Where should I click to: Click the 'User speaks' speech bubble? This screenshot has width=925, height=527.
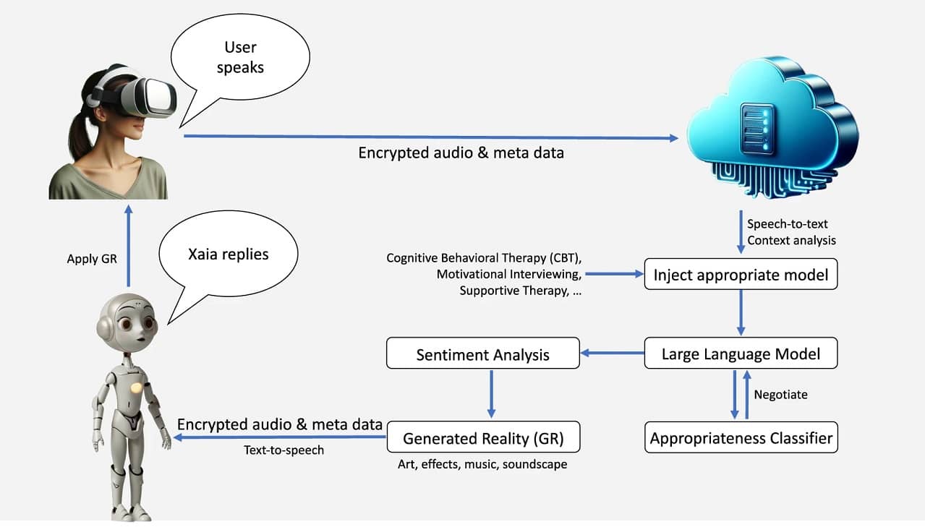(x=240, y=57)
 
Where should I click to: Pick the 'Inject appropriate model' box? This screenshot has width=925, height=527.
(x=741, y=274)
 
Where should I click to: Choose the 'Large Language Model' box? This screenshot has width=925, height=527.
(x=741, y=354)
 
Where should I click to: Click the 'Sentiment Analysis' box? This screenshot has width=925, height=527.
(x=482, y=354)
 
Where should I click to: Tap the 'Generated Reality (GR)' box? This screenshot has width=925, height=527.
(x=482, y=437)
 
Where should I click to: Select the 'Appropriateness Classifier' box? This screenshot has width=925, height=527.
(x=741, y=437)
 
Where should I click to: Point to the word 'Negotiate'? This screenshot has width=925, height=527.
(x=780, y=395)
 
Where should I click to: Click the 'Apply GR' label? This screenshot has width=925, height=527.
(x=92, y=259)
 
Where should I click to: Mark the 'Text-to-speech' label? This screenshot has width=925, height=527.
(x=284, y=450)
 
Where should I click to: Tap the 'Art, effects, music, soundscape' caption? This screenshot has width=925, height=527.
(x=482, y=464)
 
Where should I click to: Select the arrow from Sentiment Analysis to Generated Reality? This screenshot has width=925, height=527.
(x=491, y=393)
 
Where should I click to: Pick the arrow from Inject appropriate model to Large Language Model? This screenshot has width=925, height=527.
(x=741, y=312)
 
